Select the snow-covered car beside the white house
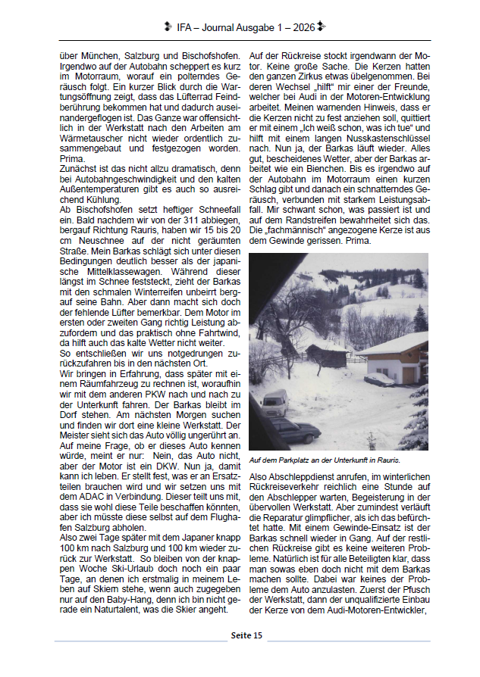pyautogui.click(x=379, y=379)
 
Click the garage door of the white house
pyautogui.click(x=409, y=373)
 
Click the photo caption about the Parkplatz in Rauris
pyautogui.click(x=325, y=460)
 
